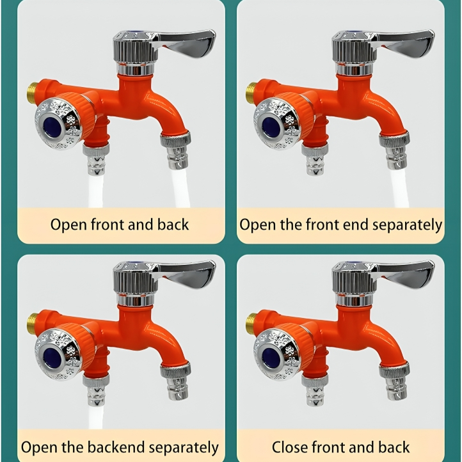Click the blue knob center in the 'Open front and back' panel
tap(53, 125)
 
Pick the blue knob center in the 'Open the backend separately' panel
tap(53, 356)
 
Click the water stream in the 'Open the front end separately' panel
tap(399, 189)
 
